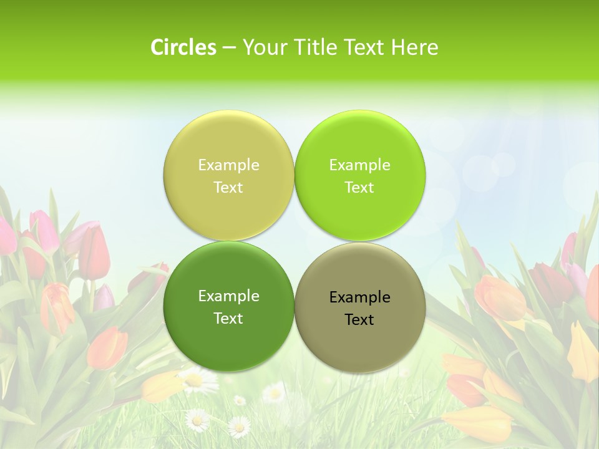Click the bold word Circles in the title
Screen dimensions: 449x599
[x=183, y=47]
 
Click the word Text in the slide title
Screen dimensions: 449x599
[x=367, y=47]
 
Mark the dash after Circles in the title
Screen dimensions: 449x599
[x=229, y=48]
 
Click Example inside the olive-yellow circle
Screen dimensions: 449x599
[x=228, y=165]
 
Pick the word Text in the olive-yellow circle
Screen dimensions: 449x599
[x=228, y=188]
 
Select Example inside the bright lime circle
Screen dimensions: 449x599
[x=359, y=165]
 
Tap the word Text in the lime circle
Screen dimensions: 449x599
[x=359, y=188]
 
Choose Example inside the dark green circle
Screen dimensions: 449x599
[x=228, y=296]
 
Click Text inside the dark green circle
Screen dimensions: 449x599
[x=228, y=319]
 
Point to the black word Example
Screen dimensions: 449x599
[x=359, y=297]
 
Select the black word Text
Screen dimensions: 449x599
[x=359, y=320]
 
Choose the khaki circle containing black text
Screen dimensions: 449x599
[x=360, y=346]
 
